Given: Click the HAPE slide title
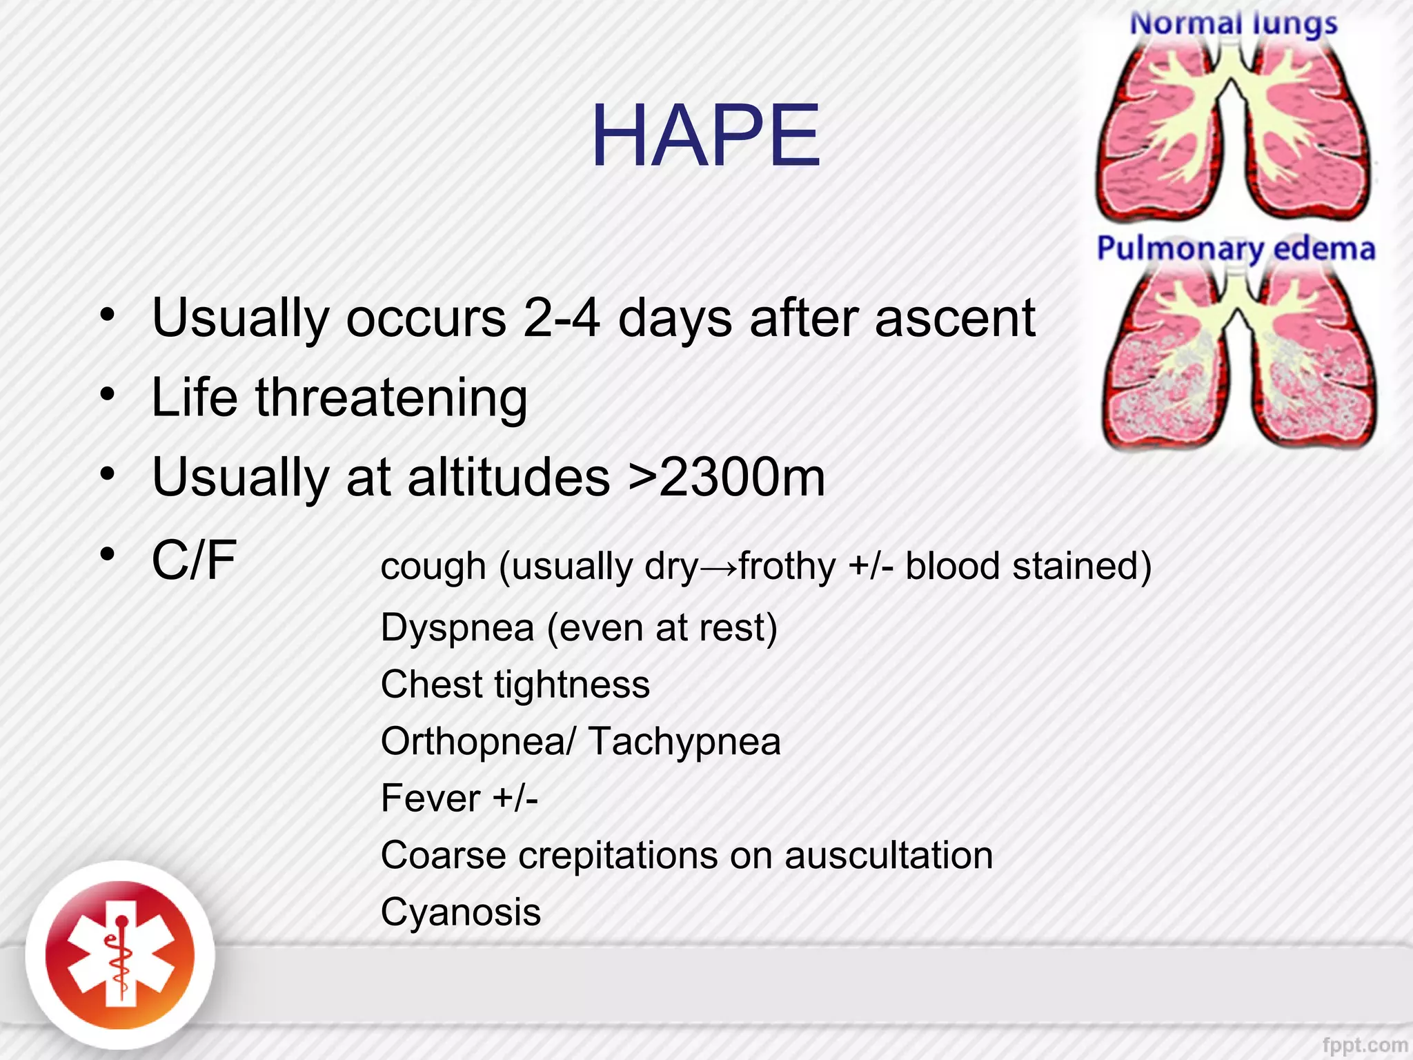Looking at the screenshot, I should point(705,136).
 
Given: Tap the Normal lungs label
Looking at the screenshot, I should point(1233,24).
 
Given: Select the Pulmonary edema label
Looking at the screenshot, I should point(1236,248).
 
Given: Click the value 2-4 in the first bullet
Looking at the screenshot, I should point(561,318).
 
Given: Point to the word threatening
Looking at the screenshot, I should point(391,398).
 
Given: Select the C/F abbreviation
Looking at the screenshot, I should point(194,560).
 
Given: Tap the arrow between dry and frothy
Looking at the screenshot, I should point(718,567).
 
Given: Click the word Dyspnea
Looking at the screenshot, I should point(457,628).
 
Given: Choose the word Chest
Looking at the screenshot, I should point(431,685).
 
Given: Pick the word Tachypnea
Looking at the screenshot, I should point(684,742).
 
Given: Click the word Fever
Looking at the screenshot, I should point(430,798).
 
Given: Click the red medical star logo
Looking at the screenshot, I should point(120,956).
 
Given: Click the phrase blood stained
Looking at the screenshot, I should point(1027,567).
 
